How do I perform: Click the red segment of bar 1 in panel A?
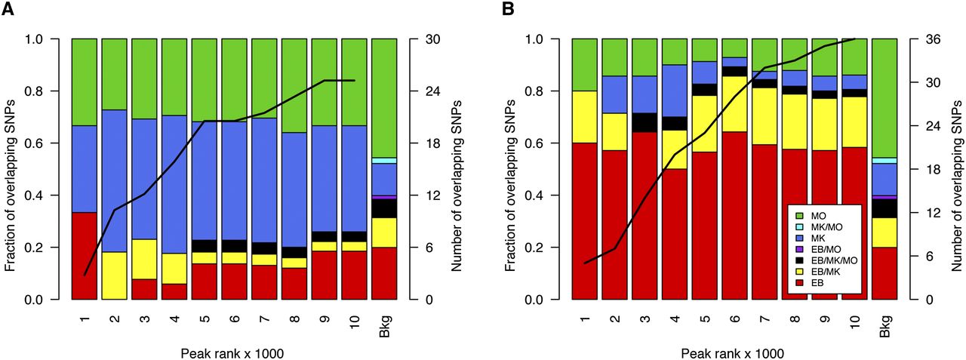85,256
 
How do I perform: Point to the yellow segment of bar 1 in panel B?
585,116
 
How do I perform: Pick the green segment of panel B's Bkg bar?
884,97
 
